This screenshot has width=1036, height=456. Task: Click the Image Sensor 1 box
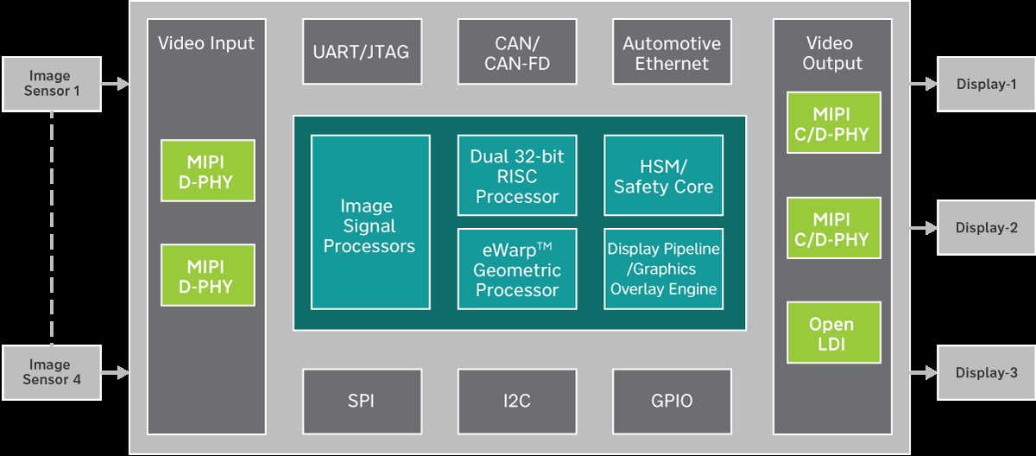52,84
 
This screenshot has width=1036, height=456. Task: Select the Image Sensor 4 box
52,372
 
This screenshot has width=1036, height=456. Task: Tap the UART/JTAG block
361,53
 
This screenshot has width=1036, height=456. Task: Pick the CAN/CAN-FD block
516,53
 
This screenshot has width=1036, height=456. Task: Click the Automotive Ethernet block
671,53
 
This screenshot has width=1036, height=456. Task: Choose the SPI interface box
361,401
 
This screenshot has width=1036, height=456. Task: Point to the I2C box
516,401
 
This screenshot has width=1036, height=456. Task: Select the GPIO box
671,401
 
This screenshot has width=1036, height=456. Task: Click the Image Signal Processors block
370,222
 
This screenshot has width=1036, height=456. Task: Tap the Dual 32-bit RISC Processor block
516,175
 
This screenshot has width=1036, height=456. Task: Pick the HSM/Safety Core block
663,175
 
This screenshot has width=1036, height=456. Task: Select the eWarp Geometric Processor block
516,269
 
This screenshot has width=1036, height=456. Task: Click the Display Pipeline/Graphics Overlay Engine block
663,269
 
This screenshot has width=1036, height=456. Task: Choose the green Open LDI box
831,332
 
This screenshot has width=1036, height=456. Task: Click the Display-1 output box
986,84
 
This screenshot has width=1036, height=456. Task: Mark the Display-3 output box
986,372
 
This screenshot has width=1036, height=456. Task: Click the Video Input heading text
206,43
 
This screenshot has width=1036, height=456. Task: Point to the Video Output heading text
831,53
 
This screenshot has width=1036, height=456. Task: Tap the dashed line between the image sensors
52,228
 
